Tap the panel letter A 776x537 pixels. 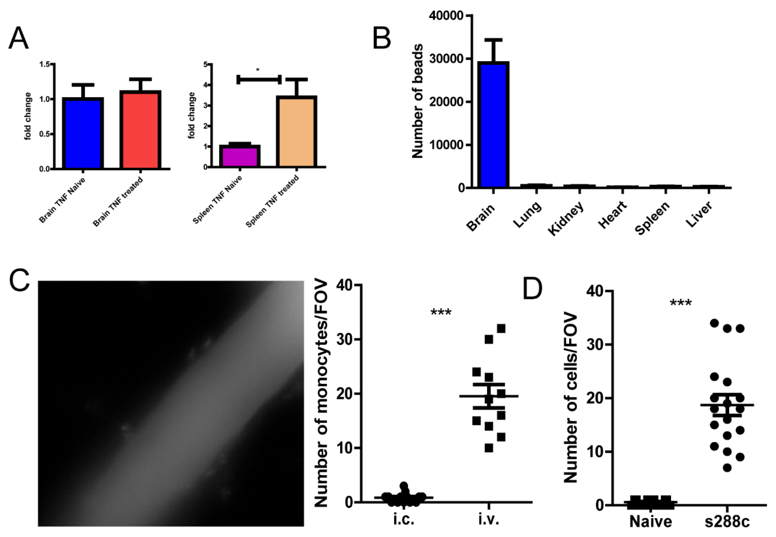(x=18, y=39)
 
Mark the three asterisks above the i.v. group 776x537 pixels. (x=441, y=313)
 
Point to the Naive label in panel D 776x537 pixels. (x=651, y=521)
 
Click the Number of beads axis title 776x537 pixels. (x=418, y=101)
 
